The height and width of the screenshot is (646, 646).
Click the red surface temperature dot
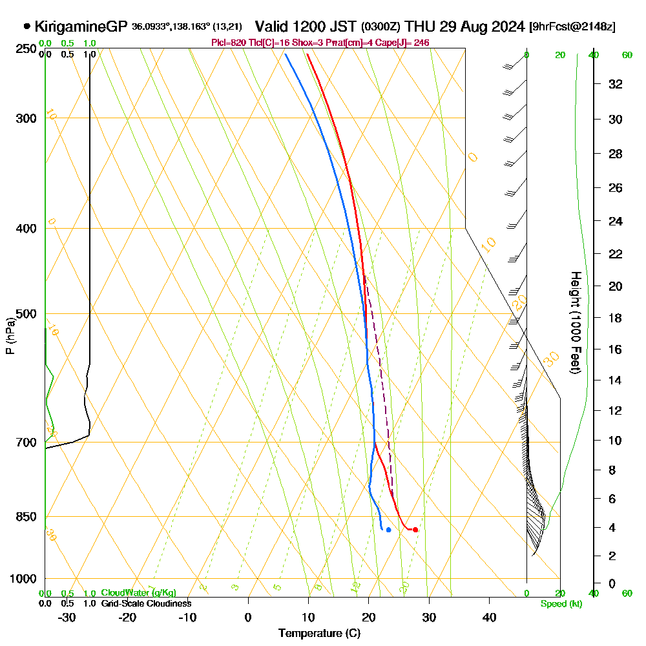[x=415, y=530]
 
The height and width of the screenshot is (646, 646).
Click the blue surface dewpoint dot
[x=388, y=530]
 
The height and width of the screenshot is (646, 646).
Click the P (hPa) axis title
[x=10, y=336]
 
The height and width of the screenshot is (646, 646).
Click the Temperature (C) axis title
[x=319, y=634]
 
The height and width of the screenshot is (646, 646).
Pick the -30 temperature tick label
[x=67, y=617]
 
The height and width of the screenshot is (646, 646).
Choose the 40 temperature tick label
[x=490, y=617]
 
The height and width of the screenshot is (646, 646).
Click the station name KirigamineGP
[x=81, y=26]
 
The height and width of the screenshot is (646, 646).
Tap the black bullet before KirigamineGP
[x=27, y=26]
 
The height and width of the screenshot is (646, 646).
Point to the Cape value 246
[x=421, y=43]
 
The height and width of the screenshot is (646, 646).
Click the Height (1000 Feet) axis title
[x=574, y=322]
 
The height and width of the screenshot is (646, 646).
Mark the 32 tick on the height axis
[x=616, y=84]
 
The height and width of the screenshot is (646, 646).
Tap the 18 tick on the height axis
[x=616, y=318]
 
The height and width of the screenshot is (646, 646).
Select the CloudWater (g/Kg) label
[x=138, y=593]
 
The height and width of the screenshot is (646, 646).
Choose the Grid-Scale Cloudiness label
[x=146, y=603]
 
